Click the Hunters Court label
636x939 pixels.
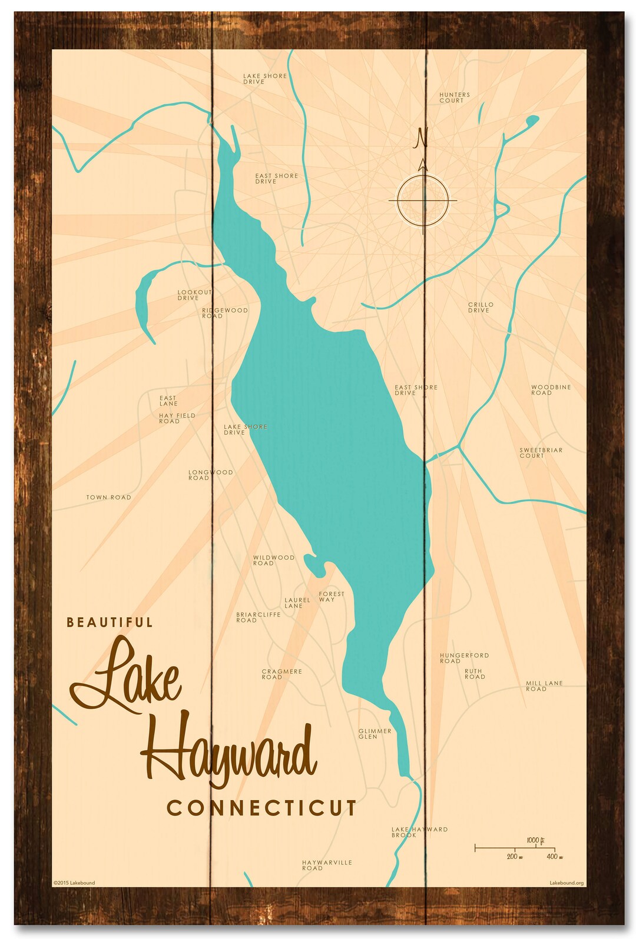tap(454, 98)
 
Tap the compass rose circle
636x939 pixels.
tap(423, 201)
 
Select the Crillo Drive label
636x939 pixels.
tap(481, 307)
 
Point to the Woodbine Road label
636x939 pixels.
tap(551, 390)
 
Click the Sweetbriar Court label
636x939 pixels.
tap(541, 452)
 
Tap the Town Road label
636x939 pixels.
tap(109, 497)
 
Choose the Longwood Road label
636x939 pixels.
tap(210, 475)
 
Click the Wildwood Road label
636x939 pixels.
tap(273, 560)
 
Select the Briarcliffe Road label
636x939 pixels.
tap(258, 617)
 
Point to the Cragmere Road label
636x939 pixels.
tap(281, 674)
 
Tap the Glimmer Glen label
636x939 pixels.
tap(375, 734)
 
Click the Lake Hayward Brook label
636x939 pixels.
tap(419, 832)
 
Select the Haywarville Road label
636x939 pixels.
tap(327, 865)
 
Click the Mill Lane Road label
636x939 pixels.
tap(544, 686)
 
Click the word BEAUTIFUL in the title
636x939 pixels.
tap(110, 622)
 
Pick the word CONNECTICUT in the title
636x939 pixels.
tap(262, 808)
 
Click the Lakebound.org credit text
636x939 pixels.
tap(566, 883)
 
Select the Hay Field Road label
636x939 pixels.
tap(177, 418)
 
